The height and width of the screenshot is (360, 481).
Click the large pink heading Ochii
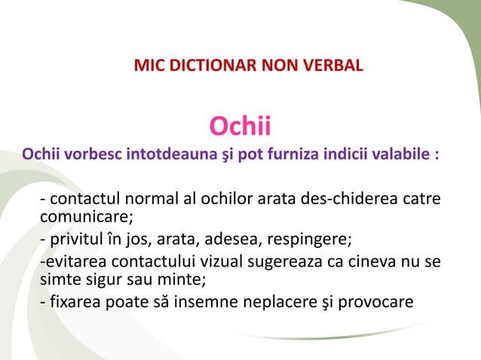[240, 126]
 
